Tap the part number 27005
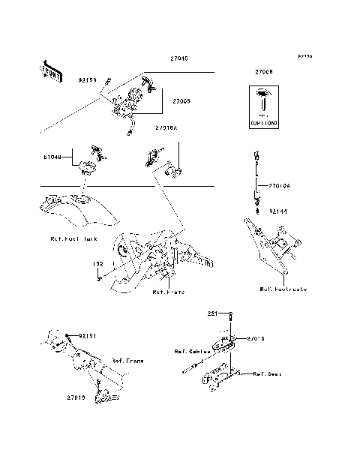tap(182, 100)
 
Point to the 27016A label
tap(167, 128)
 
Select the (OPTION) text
tap(262, 121)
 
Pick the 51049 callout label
tap(52, 158)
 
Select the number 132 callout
tap(97, 264)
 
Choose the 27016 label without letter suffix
tap(256, 339)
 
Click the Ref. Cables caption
tap(192, 350)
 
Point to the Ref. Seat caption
tap(267, 373)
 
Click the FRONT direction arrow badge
tap(49, 70)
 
